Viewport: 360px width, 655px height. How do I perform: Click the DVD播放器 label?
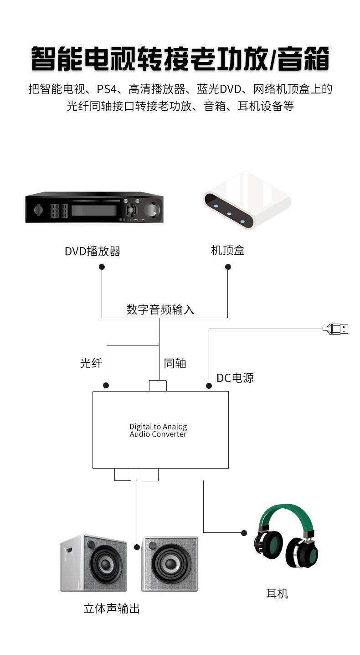[93, 251]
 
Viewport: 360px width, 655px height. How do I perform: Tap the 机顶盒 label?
[228, 250]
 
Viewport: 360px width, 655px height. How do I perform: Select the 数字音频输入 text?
[160, 309]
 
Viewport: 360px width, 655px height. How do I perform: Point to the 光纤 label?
[91, 363]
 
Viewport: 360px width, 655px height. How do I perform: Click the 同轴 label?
[175, 363]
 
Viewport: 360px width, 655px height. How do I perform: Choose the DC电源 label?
[235, 378]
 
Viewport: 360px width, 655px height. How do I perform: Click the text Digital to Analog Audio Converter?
[158, 430]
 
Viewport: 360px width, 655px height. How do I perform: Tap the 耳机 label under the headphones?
[277, 593]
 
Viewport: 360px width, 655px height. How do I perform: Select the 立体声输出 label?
[112, 609]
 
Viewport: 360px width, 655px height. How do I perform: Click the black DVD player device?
[94, 207]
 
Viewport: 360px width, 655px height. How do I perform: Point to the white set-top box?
[247, 200]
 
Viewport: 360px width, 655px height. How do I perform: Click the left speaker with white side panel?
[93, 563]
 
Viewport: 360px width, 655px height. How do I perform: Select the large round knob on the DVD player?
[152, 210]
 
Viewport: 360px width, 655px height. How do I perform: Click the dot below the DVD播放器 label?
[102, 267]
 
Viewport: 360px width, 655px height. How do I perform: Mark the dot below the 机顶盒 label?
[228, 267]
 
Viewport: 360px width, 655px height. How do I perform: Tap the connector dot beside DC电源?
[209, 386]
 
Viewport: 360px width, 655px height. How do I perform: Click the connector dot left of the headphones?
[244, 533]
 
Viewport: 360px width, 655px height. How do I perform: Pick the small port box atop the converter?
[158, 386]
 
